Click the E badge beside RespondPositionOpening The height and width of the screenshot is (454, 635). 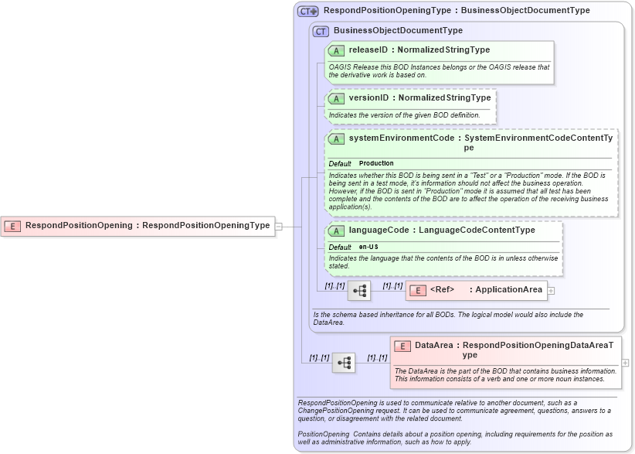[x=12, y=226]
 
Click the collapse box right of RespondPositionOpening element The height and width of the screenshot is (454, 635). [x=279, y=226]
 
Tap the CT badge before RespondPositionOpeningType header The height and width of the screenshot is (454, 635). [x=308, y=12]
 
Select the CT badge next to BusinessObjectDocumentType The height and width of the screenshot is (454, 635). [x=321, y=31]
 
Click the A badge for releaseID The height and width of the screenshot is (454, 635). [x=336, y=50]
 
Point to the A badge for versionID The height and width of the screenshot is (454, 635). [x=336, y=98]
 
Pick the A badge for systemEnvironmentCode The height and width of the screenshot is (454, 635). [x=336, y=138]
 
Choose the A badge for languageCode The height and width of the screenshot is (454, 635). [x=336, y=230]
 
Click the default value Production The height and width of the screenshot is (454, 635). [x=376, y=164]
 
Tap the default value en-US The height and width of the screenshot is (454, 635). [x=368, y=247]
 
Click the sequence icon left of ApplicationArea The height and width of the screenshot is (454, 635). [x=359, y=291]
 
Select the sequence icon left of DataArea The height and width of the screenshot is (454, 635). [x=344, y=362]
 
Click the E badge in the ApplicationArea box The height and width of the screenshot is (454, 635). [x=417, y=291]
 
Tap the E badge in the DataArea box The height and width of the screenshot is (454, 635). [x=402, y=346]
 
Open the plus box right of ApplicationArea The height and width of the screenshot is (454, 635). [x=552, y=291]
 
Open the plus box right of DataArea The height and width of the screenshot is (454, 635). [x=625, y=362]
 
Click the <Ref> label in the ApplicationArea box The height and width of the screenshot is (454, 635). [x=442, y=290]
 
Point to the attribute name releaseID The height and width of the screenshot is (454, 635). [x=368, y=49]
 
